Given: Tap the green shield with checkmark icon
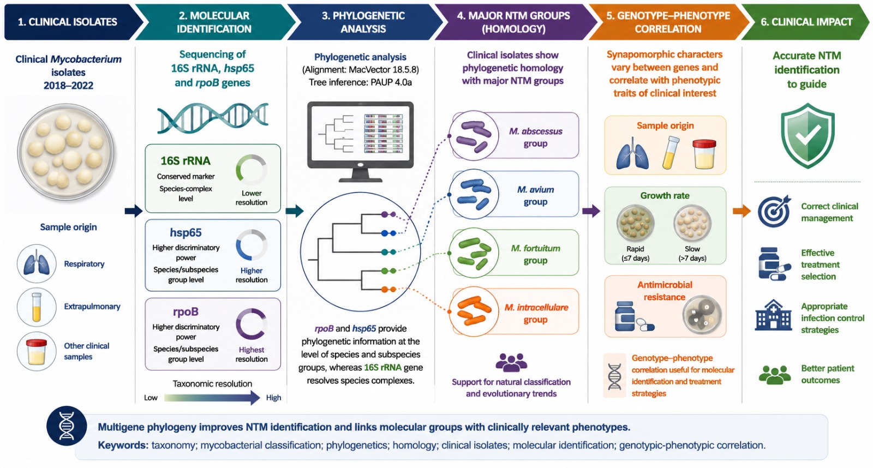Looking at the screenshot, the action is (x=808, y=136).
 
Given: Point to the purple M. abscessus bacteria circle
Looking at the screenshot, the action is (x=474, y=136).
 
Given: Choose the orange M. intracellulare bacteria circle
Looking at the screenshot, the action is (x=474, y=312).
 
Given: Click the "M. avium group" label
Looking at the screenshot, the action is (x=535, y=196).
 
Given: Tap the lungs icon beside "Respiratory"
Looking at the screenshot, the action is (x=37, y=264).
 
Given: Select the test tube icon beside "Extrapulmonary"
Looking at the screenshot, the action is (x=37, y=307).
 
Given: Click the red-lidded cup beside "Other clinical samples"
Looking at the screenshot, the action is (x=37, y=351).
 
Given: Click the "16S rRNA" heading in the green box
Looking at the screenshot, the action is (x=186, y=160).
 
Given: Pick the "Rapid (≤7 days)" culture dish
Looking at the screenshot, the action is (x=635, y=223).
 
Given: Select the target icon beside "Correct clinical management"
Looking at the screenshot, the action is (x=774, y=211).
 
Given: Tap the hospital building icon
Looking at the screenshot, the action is (x=773, y=315).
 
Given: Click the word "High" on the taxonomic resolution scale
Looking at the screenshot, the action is (x=273, y=398).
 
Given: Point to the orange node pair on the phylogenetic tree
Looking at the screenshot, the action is (x=388, y=290).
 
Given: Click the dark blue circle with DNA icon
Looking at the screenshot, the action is (x=67, y=426).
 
